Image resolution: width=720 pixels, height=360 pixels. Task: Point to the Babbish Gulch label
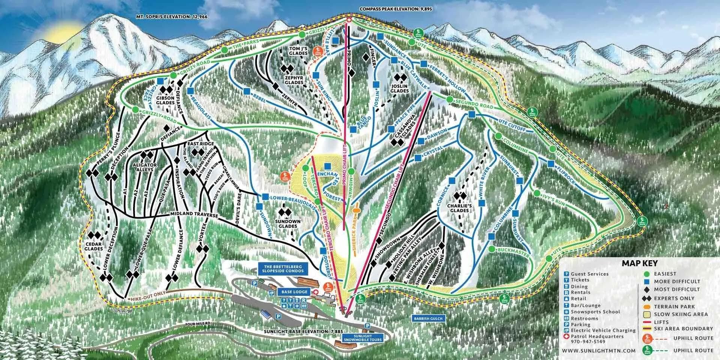pyautogui.click(x=428, y=318)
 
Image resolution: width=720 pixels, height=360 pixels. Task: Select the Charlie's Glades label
pyautogui.click(x=459, y=208)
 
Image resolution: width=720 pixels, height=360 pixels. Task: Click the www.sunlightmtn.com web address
pyautogui.click(x=599, y=350)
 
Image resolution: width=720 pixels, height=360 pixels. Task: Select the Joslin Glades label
pyautogui.click(x=399, y=88)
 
